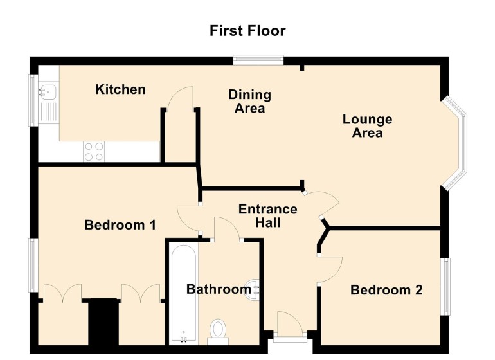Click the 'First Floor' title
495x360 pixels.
click(x=248, y=31)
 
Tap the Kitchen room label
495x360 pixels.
click(x=120, y=89)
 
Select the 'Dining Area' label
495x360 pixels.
click(x=250, y=102)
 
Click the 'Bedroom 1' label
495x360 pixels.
click(x=121, y=225)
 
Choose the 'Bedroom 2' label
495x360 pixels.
click(x=386, y=290)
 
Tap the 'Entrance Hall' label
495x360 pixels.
click(x=267, y=216)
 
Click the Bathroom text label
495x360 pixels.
click(x=218, y=289)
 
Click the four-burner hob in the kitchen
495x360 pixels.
click(x=94, y=151)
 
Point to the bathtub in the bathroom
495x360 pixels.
click(x=184, y=292)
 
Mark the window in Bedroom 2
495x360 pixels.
click(x=445, y=287)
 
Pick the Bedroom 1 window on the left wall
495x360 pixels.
click(x=33, y=265)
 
